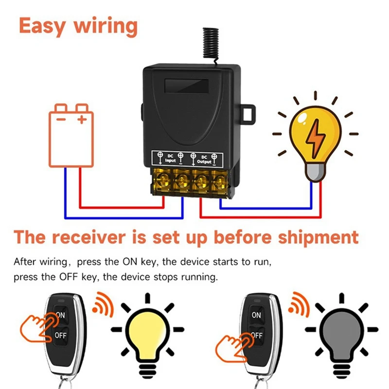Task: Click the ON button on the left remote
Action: tap(60, 315)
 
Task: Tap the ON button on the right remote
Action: tap(256, 315)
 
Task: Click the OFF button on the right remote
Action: tap(256, 336)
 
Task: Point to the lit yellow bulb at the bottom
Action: tap(147, 331)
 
